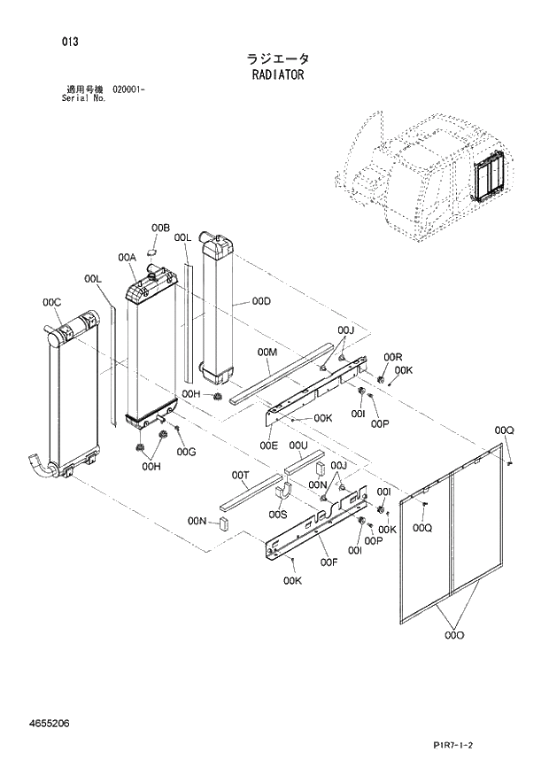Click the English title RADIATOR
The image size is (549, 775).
click(x=277, y=76)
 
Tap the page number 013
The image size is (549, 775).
click(x=70, y=41)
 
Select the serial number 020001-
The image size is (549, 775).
click(x=129, y=89)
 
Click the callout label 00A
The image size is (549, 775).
click(x=126, y=258)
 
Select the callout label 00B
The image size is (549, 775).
click(x=160, y=229)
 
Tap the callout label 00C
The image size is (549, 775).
click(x=51, y=303)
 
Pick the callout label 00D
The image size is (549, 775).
click(x=260, y=301)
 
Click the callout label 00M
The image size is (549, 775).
click(x=267, y=353)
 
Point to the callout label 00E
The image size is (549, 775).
click(x=268, y=445)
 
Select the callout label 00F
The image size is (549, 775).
click(x=329, y=562)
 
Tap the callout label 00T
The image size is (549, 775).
click(x=240, y=476)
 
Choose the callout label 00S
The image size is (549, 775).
click(x=278, y=514)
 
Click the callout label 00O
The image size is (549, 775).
click(x=454, y=635)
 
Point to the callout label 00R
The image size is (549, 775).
click(x=393, y=356)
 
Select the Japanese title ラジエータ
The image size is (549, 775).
click(x=277, y=58)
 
